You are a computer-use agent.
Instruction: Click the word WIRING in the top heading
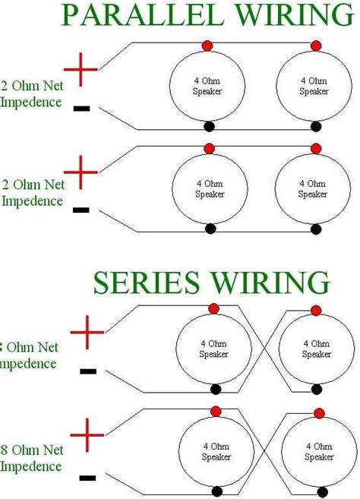pyautogui.click(x=276, y=14)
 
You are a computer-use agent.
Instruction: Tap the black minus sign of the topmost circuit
pyautogui.click(x=82, y=109)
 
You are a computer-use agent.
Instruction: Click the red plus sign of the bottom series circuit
pyautogui.click(x=87, y=436)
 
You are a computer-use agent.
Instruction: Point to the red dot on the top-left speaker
pyautogui.click(x=207, y=48)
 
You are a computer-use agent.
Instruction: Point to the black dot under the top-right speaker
pyautogui.click(x=314, y=125)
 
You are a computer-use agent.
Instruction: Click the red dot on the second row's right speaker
pyautogui.click(x=316, y=148)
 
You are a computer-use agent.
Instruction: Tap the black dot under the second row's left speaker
pyautogui.click(x=210, y=228)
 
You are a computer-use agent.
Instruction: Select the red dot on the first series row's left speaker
pyautogui.click(x=213, y=308)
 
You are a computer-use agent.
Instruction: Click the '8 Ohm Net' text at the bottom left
pyautogui.click(x=32, y=450)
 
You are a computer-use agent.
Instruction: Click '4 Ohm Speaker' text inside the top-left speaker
pyautogui.click(x=207, y=85)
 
